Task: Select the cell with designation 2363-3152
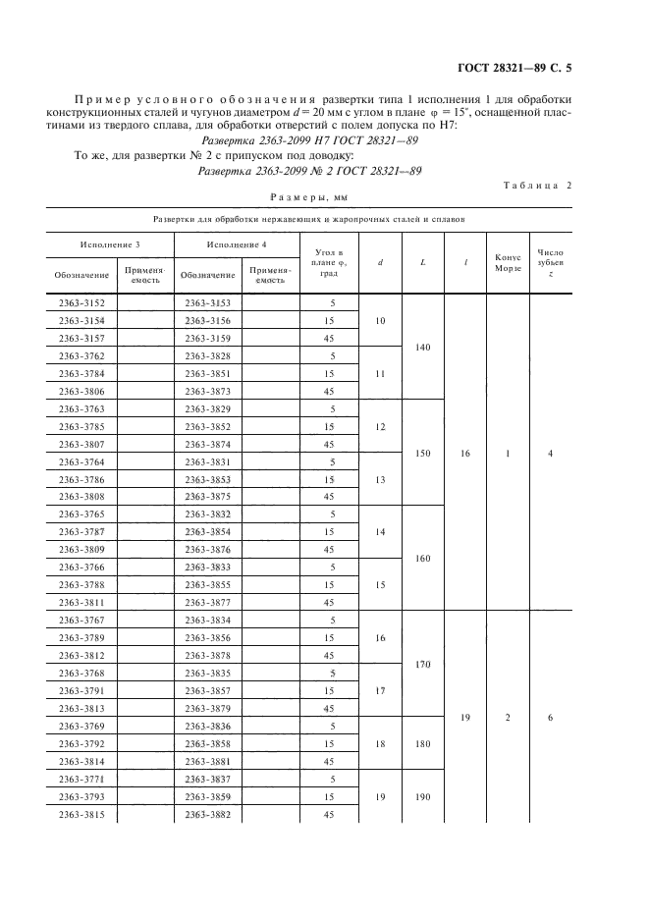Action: tap(82, 303)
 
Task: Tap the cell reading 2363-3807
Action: tap(82, 445)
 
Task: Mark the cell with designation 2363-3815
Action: tap(82, 814)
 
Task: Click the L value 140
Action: tap(422, 347)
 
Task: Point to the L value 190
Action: tap(422, 796)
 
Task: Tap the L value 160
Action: tap(422, 558)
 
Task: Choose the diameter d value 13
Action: tap(380, 479)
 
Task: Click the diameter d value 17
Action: tap(380, 690)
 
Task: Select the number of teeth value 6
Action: tap(550, 717)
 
